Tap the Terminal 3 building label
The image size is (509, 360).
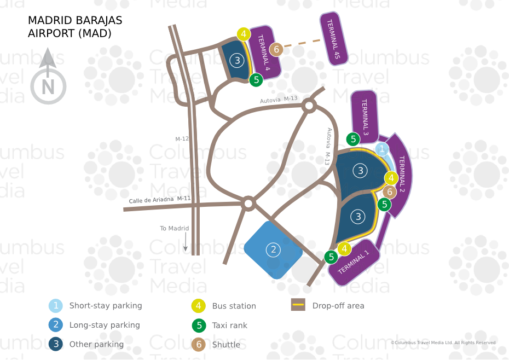[364, 117]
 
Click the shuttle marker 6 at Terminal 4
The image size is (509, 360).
[276, 50]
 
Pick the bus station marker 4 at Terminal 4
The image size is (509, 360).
[244, 34]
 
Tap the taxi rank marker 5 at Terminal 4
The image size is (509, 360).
[256, 80]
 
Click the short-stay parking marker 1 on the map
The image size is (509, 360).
[382, 149]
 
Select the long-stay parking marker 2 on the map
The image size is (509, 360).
[273, 250]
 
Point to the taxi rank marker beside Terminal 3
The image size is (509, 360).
[354, 139]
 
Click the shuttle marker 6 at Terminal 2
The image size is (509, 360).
[389, 191]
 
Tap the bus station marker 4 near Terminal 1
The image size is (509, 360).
[344, 249]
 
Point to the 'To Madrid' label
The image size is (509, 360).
[174, 228]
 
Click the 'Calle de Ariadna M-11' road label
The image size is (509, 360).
[159, 200]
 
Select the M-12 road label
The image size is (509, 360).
[182, 139]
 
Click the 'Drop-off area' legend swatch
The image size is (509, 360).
[298, 305]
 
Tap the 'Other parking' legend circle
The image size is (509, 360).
[55, 344]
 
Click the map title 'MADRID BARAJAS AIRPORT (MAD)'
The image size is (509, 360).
[75, 27]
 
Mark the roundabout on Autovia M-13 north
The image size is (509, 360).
[309, 106]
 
